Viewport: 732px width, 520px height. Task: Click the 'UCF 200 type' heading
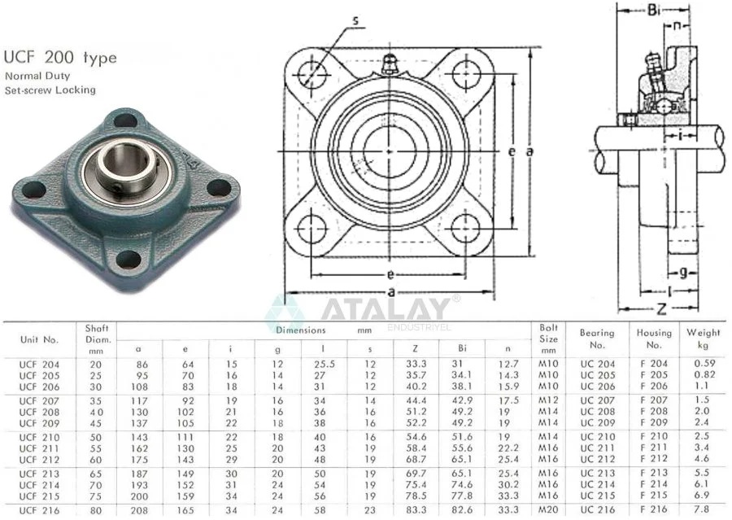click(60, 57)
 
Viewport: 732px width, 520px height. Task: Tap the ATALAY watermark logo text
click(385, 308)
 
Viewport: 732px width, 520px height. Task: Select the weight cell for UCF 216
click(701, 509)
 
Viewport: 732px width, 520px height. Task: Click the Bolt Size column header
click(548, 339)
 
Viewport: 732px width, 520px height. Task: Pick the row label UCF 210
click(40, 437)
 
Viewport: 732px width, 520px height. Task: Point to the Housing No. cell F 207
click(654, 400)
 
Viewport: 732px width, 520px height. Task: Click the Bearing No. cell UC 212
click(598, 459)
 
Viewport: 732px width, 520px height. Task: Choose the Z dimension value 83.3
click(416, 509)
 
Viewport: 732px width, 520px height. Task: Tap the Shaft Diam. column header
click(97, 339)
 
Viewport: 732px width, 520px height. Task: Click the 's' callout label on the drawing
click(355, 20)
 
